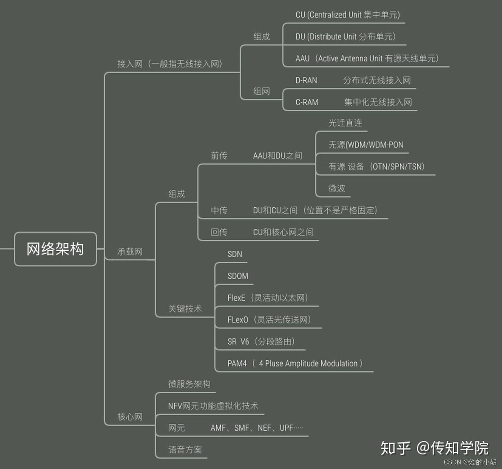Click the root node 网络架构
tap(55, 249)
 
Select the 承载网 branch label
tap(130, 252)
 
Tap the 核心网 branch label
tap(130, 417)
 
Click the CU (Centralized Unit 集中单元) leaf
tap(347, 15)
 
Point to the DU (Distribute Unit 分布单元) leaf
tap(345, 37)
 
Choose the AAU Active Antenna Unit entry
tap(367, 59)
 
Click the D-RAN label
tap(306, 81)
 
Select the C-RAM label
tap(307, 102)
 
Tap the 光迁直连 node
tap(345, 123)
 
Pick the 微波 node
tap(336, 188)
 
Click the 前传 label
tap(219, 156)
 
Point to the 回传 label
tap(219, 232)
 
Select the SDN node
tap(235, 254)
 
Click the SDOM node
tap(238, 276)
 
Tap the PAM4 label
tap(237, 364)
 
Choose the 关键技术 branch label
tap(185, 309)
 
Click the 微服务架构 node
tap(189, 384)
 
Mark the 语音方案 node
tap(185, 450)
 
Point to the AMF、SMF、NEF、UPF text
tap(257, 428)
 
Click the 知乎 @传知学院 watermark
tap(434, 448)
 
